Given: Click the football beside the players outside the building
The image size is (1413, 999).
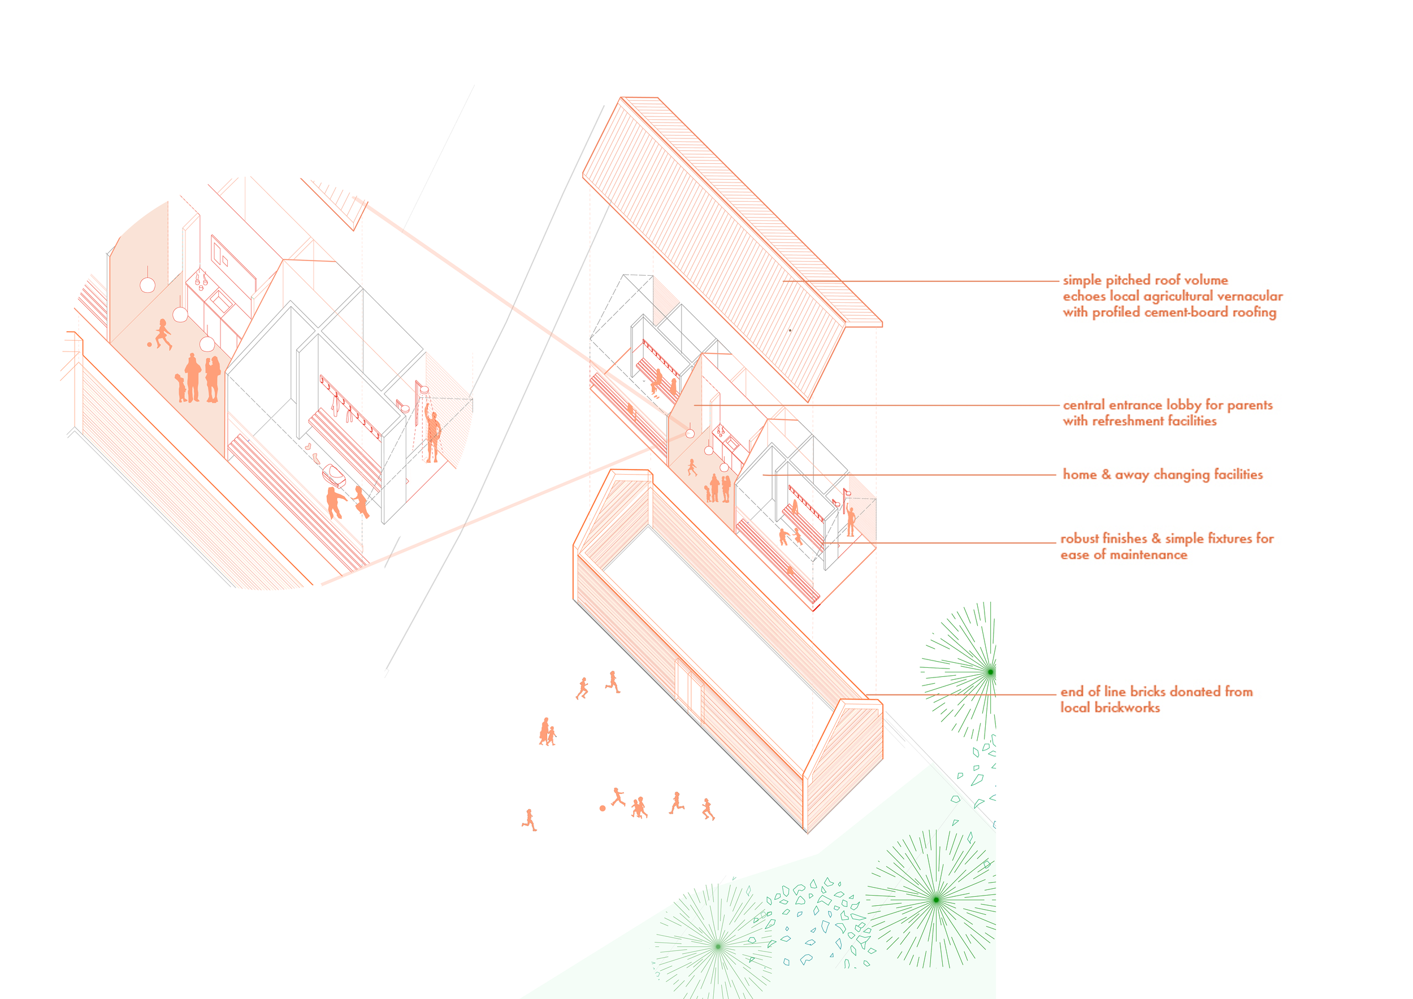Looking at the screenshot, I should coord(603,809).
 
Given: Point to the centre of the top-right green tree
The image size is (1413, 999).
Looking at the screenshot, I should coord(990,672).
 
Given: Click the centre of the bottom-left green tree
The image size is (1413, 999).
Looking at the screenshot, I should coord(718,946).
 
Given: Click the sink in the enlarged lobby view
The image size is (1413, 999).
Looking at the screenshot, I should coord(220,301).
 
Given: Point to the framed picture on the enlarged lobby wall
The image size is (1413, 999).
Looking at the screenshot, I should coord(220,252).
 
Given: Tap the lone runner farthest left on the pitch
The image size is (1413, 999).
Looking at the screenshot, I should coord(529,820).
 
